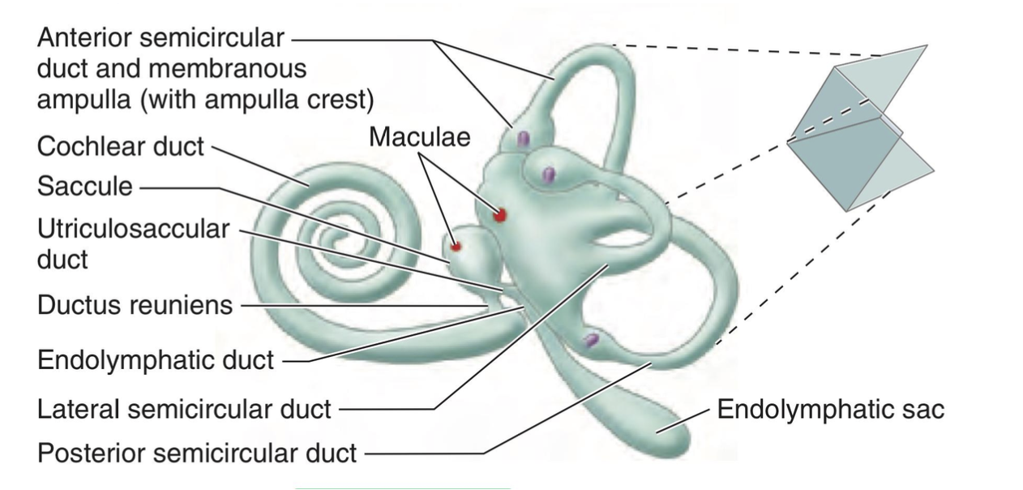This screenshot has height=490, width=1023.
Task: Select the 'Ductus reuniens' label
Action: click(x=135, y=306)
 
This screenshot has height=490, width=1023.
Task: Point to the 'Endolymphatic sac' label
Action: click(x=830, y=409)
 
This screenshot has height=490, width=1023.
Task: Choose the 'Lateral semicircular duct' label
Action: click(x=184, y=410)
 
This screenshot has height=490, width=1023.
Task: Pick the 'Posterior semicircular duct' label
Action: click(x=197, y=452)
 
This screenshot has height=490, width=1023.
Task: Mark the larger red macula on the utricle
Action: click(x=500, y=215)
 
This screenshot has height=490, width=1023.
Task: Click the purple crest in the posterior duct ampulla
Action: click(x=592, y=340)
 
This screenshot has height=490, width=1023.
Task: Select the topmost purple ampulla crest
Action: click(x=524, y=139)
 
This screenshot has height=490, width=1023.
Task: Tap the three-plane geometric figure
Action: click(x=859, y=130)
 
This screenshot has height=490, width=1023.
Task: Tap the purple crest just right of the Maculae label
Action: click(x=549, y=174)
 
